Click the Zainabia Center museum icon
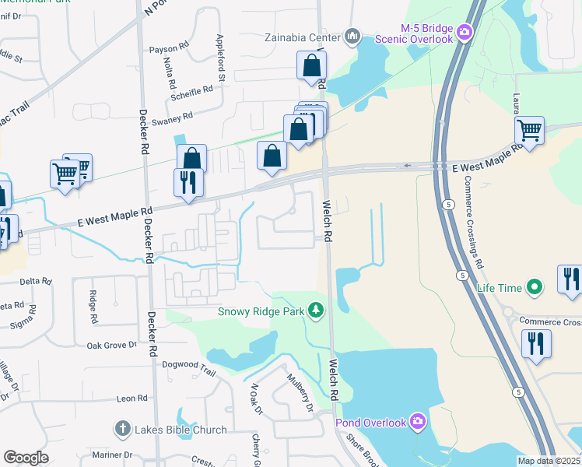click(352, 37)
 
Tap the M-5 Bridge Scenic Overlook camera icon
click(465, 32)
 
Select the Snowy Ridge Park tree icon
click(315, 311)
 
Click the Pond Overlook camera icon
click(418, 422)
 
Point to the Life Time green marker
click(534, 288)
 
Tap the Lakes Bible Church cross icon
click(121, 429)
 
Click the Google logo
click(26, 458)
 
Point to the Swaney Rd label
click(172, 118)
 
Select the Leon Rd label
click(131, 398)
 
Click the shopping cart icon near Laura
click(529, 130)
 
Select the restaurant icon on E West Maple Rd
click(188, 182)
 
